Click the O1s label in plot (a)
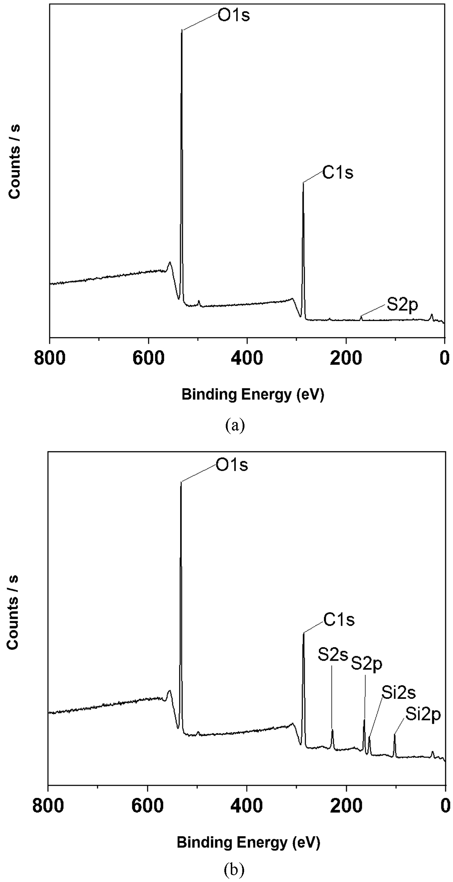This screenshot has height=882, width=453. point(234,16)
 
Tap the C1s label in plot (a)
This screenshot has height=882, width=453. point(338,173)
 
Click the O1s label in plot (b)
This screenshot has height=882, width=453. point(232,465)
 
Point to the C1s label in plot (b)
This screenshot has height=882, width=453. point(339,619)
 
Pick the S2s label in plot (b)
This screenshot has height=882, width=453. point(333,655)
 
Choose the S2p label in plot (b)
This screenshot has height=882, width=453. point(366,664)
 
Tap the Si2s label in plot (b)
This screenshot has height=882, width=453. point(398,693)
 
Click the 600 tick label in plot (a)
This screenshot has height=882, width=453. point(148,359)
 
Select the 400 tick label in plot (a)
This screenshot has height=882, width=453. point(247,359)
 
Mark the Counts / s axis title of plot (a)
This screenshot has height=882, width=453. point(14,161)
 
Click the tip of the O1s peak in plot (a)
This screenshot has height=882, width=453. point(182,30)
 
